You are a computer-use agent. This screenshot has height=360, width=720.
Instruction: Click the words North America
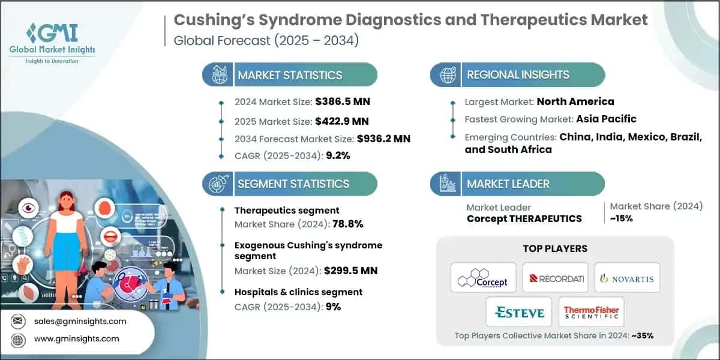tap(575, 101)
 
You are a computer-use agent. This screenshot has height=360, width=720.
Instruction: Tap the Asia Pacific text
tap(606, 119)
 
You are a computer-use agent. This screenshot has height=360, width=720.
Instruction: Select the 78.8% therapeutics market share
tap(344, 224)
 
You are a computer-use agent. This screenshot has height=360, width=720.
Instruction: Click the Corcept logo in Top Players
tap(483, 278)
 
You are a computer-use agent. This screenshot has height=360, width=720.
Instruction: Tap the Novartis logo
tap(627, 278)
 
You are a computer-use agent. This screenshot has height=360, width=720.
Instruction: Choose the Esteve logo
tap(520, 312)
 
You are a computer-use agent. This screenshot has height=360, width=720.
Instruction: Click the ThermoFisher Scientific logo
tap(591, 312)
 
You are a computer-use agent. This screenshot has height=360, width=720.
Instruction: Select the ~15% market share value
tap(621, 218)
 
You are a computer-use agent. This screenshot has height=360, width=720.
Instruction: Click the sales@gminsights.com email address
tap(80, 321)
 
